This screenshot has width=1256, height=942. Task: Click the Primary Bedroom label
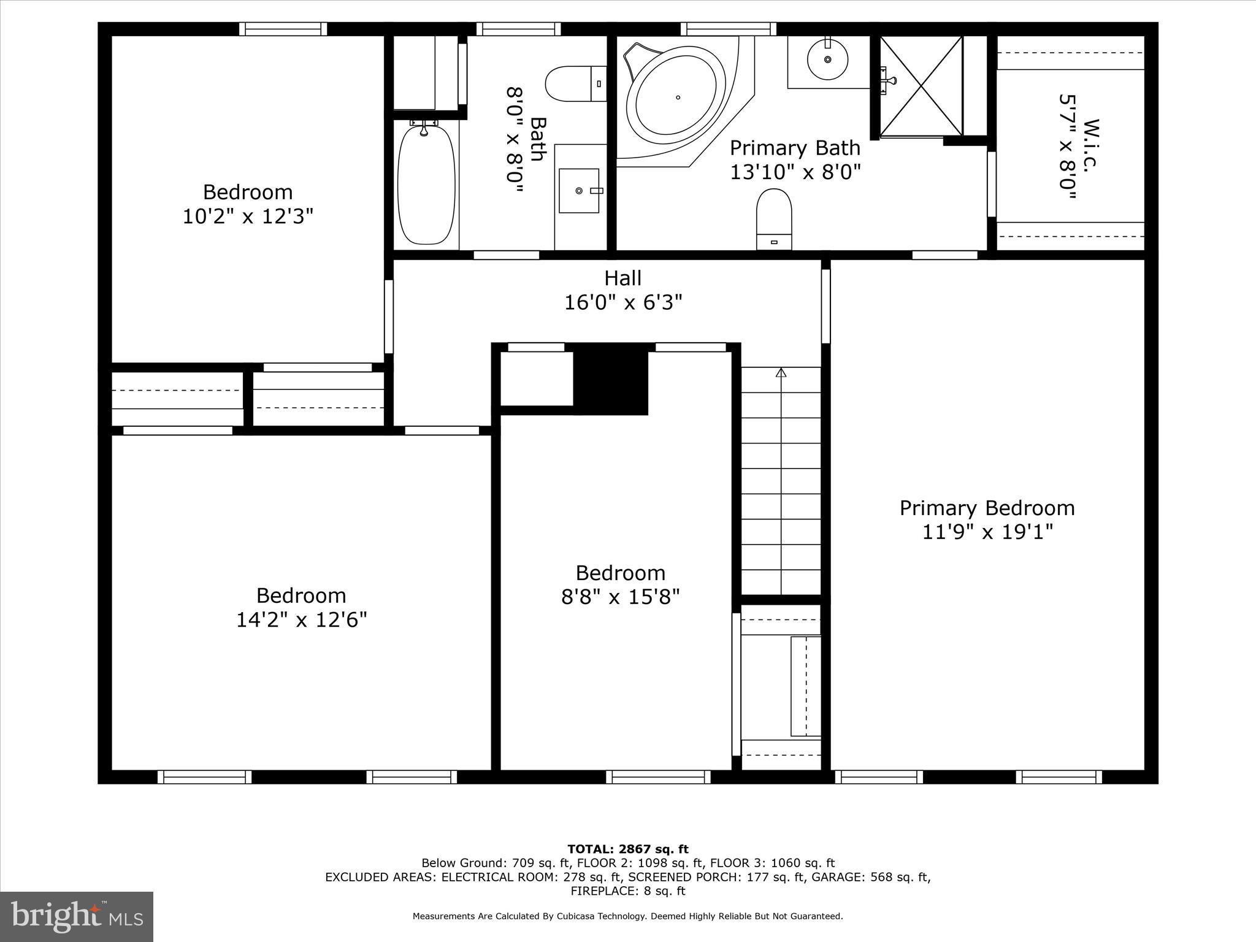[987, 508]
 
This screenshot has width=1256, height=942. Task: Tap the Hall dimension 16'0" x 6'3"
[623, 302]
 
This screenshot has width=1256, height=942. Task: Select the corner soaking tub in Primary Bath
[676, 98]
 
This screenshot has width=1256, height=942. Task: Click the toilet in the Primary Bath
[774, 218]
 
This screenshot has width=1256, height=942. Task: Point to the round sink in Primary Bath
[827, 59]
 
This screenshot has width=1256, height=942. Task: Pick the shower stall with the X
[921, 86]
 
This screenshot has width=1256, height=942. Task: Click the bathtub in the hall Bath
[426, 184]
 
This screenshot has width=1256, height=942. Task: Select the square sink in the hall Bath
[578, 191]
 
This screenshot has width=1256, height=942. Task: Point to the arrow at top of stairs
[781, 372]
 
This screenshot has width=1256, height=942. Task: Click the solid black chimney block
[611, 381]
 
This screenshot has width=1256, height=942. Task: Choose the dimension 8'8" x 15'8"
[620, 597]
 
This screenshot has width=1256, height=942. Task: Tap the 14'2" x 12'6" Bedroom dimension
[301, 619]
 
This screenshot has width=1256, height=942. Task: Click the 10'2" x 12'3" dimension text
[248, 216]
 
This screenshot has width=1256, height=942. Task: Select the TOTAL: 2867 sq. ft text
[627, 849]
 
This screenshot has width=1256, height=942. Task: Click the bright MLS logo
[77, 917]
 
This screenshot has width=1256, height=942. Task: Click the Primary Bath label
[794, 148]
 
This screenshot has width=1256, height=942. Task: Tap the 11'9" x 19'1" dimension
[987, 532]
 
